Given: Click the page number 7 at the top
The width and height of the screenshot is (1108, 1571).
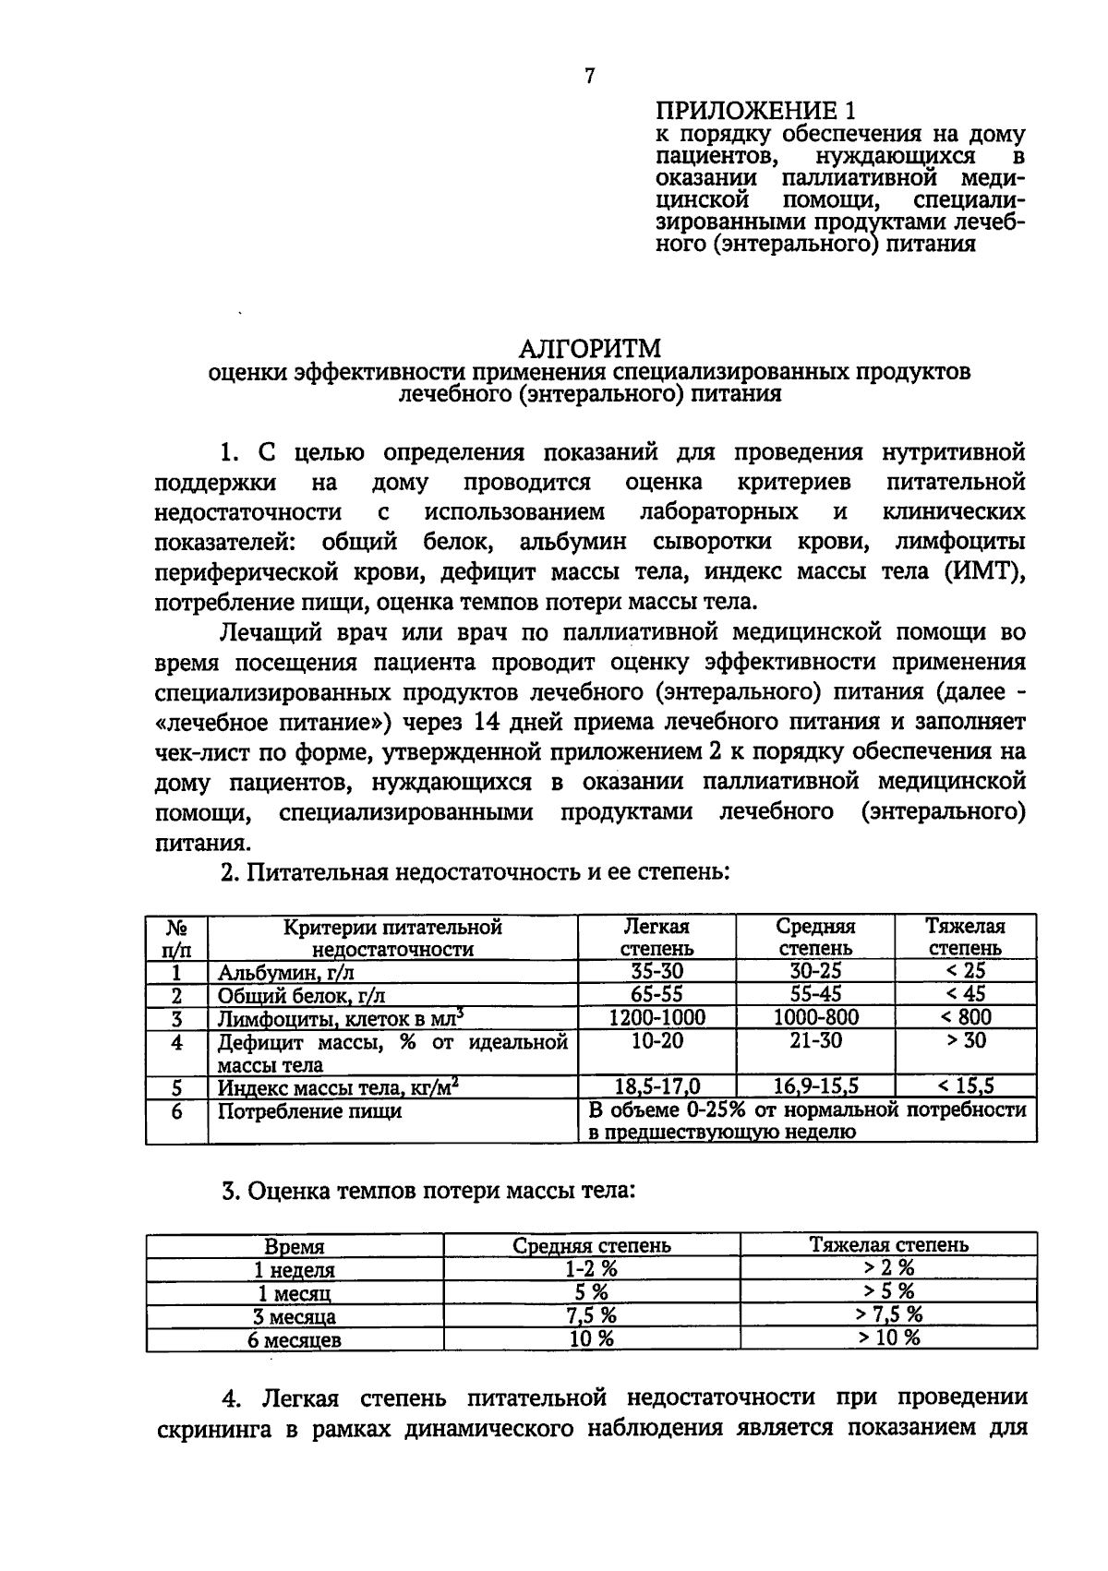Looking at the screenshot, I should pyautogui.click(x=590, y=77).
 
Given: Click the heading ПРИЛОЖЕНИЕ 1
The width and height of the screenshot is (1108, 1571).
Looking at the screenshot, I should pyautogui.click(x=755, y=113).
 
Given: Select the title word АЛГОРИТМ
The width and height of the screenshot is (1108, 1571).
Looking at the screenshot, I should pyautogui.click(x=590, y=349).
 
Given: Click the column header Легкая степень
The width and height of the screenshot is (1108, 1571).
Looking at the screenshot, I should pyautogui.click(x=656, y=937).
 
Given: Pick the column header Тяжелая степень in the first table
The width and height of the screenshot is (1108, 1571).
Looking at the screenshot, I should pyautogui.click(x=965, y=937).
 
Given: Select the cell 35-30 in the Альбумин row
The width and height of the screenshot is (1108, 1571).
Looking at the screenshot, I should pyautogui.click(x=656, y=971).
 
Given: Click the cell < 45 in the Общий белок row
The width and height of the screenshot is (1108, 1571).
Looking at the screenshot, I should pyautogui.click(x=965, y=994).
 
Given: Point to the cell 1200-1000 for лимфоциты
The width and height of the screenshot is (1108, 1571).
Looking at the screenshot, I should pyautogui.click(x=656, y=1017).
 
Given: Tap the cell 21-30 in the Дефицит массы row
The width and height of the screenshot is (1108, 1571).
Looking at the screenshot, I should pyautogui.click(x=815, y=1040).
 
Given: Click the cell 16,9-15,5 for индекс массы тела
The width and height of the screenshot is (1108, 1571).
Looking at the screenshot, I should pyautogui.click(x=815, y=1086).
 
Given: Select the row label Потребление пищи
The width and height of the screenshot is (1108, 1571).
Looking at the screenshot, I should pyautogui.click(x=309, y=1110).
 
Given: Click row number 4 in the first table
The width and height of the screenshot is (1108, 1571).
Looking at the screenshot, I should pyautogui.click(x=176, y=1042).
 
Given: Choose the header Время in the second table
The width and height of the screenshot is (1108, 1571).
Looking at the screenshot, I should pyautogui.click(x=295, y=1246).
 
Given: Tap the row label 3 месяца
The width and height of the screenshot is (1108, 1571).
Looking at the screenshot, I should pyautogui.click(x=295, y=1316).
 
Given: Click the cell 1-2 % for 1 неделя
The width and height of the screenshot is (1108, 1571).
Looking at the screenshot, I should pyautogui.click(x=591, y=1269).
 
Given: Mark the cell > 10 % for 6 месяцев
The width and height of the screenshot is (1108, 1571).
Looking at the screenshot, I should pyautogui.click(x=888, y=1338).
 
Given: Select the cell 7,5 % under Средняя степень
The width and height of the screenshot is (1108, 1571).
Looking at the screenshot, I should pyautogui.click(x=591, y=1315).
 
